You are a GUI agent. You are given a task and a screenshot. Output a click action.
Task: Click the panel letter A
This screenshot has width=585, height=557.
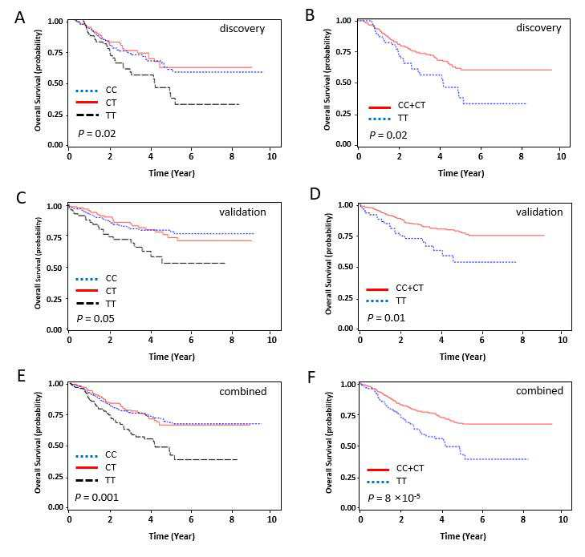[20, 18]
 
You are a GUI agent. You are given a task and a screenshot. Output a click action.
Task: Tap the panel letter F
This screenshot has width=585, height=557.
[311, 377]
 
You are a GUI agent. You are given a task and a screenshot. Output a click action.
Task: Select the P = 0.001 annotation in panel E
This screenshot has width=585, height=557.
[96, 498]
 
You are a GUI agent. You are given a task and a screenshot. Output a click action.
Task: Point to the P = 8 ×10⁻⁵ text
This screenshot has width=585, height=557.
[393, 498]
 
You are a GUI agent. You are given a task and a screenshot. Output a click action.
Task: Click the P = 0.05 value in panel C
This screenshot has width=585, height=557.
[95, 318]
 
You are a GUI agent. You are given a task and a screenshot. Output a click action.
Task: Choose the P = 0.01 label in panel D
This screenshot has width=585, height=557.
[386, 318]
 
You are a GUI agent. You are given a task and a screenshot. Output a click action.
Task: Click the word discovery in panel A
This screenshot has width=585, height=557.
[242, 29]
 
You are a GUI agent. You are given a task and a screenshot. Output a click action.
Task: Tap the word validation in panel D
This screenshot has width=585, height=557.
[539, 212]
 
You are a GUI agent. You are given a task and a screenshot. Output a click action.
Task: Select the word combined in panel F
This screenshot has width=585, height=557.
[539, 391]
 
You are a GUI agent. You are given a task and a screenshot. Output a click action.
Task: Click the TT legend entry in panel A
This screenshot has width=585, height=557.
[95, 115]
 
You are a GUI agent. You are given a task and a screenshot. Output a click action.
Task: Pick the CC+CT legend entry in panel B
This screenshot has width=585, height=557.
[397, 106]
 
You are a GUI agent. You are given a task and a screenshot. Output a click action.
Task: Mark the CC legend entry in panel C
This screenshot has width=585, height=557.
[96, 278]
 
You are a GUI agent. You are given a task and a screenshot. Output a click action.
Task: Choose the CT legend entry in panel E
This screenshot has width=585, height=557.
[95, 467]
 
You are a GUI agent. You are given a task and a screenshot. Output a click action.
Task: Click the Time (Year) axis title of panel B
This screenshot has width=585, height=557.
[461, 173]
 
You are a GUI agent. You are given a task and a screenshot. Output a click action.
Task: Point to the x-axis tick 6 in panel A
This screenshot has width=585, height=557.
[191, 156]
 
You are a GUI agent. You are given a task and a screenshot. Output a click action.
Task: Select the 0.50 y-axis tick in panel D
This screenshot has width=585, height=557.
[345, 267]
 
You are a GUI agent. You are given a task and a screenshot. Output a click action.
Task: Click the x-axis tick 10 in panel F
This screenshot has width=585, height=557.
[563, 519]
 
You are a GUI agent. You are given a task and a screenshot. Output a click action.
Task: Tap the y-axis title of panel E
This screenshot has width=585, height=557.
[38, 443]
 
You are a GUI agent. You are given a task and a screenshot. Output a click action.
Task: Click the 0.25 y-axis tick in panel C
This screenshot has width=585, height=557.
[54, 299]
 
